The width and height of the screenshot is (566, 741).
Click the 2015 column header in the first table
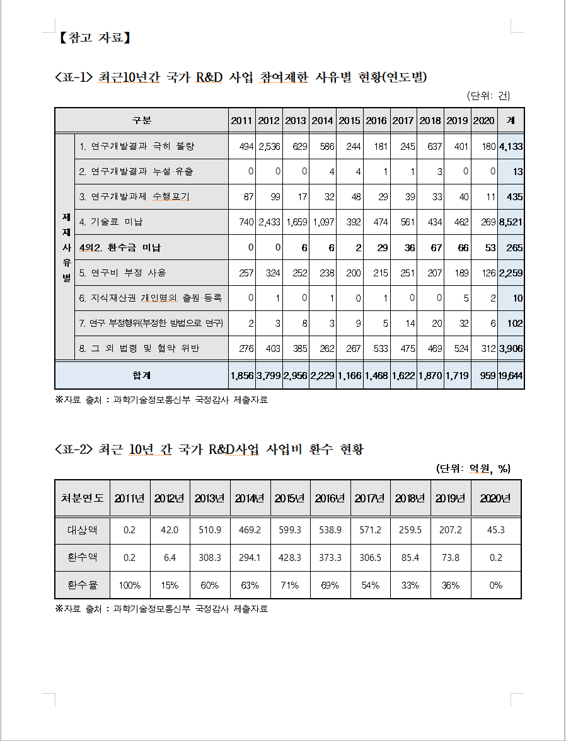pos(350,120)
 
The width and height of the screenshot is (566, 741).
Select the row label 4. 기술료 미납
pos(112,222)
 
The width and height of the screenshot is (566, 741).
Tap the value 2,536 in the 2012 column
pos(269,146)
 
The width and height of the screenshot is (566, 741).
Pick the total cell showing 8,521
pos(511,222)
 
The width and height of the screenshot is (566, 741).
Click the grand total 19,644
pos(511,375)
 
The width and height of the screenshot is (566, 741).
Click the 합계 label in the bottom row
pos(142,375)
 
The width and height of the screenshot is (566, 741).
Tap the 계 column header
pos(511,120)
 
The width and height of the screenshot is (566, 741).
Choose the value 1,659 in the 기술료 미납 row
pos(296,222)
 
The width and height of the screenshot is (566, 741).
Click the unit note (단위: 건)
pos(488,96)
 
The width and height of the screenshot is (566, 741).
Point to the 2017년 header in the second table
pos(370,498)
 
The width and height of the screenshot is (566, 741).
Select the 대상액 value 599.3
pos(290,530)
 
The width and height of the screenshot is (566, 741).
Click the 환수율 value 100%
pos(130,585)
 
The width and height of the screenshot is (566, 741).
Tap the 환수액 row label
pos(83,557)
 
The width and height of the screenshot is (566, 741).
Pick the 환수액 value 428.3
pos(290,557)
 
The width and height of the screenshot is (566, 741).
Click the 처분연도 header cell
pos(83,498)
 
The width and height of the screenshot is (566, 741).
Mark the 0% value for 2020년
pos(496,585)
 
